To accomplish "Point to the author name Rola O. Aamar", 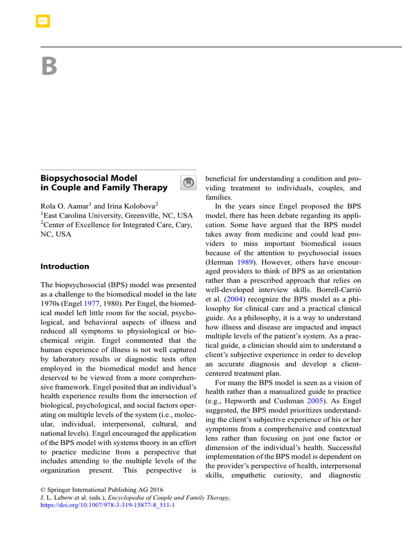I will tap(65, 205).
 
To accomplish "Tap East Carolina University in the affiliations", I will tap(84, 215).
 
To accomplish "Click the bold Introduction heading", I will tap(65, 266).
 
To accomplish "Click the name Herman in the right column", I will tap(220, 262).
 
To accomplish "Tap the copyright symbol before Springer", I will tap(43, 489).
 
